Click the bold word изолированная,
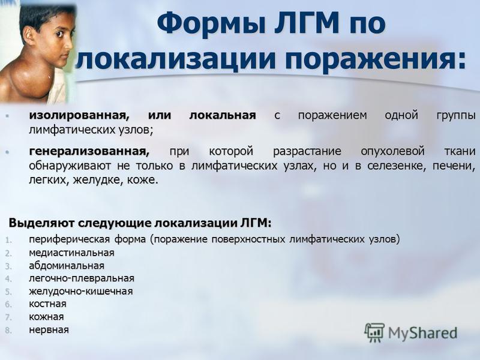(79, 115)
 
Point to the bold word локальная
(223, 115)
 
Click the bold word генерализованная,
(89, 151)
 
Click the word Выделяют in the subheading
(41, 223)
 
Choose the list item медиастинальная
(71, 253)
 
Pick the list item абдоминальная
(67, 265)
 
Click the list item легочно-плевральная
(82, 278)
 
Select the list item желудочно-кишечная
(81, 291)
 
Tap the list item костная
(47, 304)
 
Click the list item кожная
(46, 317)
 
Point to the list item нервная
(49, 329)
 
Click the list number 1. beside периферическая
(8, 240)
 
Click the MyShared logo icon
(374, 332)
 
